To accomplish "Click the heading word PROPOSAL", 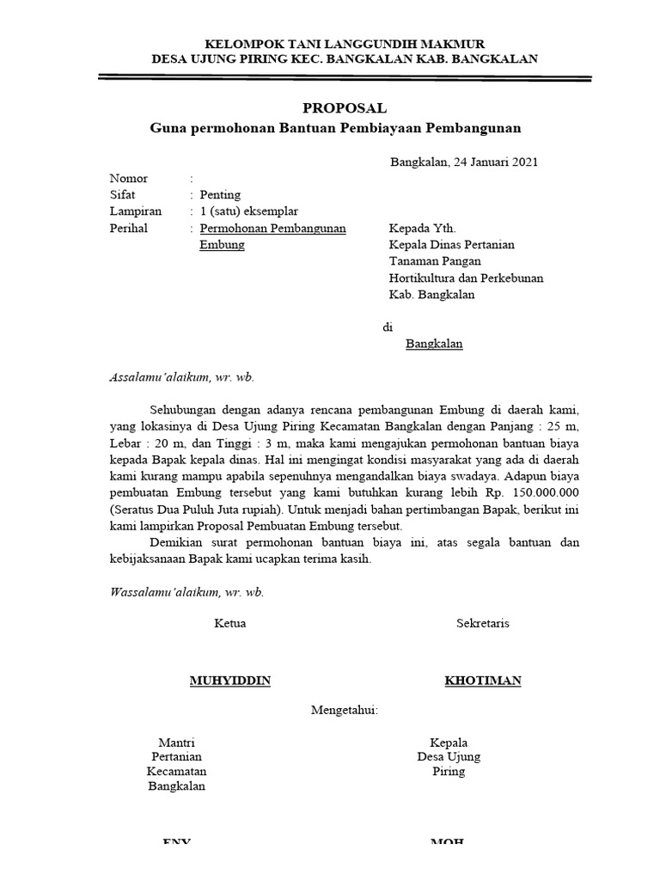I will (x=345, y=108).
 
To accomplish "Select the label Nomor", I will (x=129, y=179).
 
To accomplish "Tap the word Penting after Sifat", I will (x=220, y=195).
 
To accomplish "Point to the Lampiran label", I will (x=135, y=211).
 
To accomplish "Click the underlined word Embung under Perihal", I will (x=222, y=245).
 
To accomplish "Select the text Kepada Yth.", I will (x=419, y=229).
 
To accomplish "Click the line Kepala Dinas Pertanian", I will (x=451, y=245).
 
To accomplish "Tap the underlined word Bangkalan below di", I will (x=434, y=344).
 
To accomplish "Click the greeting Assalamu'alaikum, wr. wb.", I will (x=182, y=377).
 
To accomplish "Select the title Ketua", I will (x=229, y=623).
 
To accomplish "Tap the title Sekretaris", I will (x=482, y=623).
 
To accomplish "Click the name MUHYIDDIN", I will (x=229, y=681).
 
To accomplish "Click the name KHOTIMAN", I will (x=482, y=681).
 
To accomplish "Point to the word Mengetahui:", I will (x=345, y=711).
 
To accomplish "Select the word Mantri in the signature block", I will (x=177, y=742).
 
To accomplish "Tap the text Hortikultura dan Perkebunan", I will (x=466, y=278).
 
